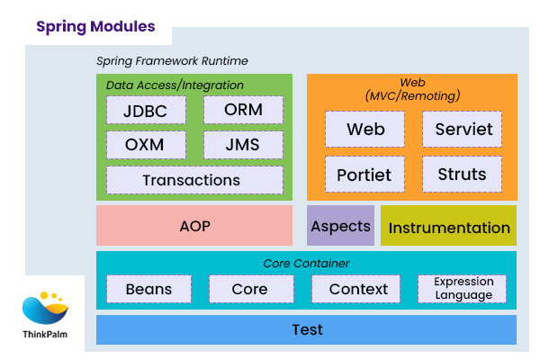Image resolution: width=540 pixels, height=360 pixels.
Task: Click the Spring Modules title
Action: click(x=95, y=27)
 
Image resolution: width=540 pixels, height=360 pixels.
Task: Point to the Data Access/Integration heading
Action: click(x=175, y=85)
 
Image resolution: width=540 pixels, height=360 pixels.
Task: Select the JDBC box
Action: click(x=146, y=110)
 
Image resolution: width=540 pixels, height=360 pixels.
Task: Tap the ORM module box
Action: click(x=243, y=110)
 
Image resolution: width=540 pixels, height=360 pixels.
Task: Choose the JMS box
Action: click(x=243, y=144)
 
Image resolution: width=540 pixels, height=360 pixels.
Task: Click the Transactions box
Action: click(x=192, y=179)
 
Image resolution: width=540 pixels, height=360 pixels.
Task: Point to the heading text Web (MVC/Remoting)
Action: click(x=412, y=88)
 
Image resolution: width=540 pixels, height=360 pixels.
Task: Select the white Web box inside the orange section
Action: click(x=364, y=130)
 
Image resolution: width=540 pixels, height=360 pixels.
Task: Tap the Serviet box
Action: click(x=463, y=130)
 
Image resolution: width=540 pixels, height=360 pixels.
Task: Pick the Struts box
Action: click(x=463, y=174)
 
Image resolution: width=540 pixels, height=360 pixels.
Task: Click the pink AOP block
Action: click(x=194, y=226)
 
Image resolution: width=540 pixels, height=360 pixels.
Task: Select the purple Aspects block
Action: click(x=340, y=226)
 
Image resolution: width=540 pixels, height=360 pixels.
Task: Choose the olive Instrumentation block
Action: click(x=448, y=227)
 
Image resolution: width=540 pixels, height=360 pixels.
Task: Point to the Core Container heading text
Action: click(x=306, y=264)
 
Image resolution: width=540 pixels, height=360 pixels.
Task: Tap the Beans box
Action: click(x=148, y=289)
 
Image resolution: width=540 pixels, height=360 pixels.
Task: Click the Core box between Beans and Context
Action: click(x=249, y=289)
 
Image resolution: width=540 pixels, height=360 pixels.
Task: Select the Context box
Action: click(x=358, y=289)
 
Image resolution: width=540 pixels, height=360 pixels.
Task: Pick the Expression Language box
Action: click(x=463, y=289)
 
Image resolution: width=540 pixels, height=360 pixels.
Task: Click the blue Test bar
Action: click(x=306, y=329)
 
